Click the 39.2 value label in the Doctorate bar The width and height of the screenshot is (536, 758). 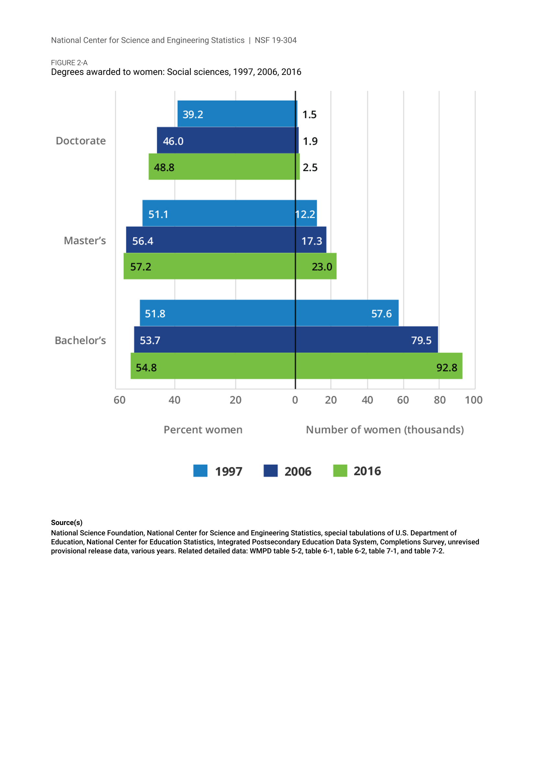point(193,114)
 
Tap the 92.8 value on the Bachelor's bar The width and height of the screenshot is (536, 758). point(447,367)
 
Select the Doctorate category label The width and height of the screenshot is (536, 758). point(81,141)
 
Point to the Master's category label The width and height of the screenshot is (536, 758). point(85,241)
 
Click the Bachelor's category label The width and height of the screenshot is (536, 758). point(80,340)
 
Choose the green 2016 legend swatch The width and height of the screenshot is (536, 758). point(340,471)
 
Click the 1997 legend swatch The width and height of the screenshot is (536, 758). point(200,471)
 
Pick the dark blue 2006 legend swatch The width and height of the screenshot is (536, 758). point(270,471)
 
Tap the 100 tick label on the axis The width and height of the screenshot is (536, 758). point(474,400)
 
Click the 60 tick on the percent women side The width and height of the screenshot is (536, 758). point(120,400)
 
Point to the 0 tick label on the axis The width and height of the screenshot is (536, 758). point(295,400)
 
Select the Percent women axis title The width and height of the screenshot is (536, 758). point(203,430)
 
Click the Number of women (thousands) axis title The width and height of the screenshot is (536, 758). point(385,430)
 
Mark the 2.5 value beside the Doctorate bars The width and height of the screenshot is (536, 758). point(310,167)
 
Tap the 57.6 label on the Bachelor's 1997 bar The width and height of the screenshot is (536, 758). point(381,314)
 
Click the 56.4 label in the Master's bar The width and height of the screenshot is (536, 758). point(143,241)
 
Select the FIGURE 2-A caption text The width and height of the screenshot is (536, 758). point(69,63)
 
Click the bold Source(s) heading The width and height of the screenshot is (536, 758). point(67,523)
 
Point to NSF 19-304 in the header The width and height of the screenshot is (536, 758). point(275,40)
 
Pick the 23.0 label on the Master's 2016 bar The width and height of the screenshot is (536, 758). point(322,267)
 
